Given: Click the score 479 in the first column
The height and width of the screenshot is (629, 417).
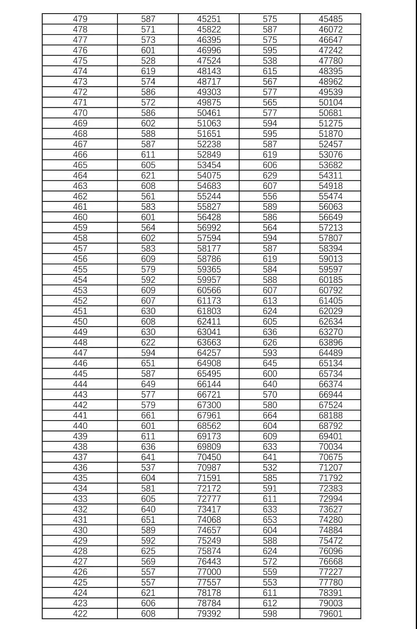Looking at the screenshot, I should pos(80,19).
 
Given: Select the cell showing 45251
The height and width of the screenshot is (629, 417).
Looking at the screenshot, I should pos(209,19).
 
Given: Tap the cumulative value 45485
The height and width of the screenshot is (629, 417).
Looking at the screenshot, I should pos(331,19).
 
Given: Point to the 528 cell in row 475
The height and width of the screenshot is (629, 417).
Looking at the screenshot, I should pos(148,61).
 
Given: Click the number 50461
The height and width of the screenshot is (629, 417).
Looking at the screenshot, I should pos(209,113).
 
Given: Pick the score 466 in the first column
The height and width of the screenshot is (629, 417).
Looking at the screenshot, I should pos(80,155).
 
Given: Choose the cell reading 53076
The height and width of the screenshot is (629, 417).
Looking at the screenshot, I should pos(331,155).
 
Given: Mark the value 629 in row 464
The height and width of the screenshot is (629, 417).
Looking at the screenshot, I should pos(270,175).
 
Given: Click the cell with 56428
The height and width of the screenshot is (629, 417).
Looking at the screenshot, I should pos(209,217).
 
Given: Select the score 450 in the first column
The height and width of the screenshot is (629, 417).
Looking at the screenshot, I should pos(80,321).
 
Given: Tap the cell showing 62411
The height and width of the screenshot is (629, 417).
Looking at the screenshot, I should pos(209,321).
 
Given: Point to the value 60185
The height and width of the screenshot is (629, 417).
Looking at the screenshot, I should pos(331,280).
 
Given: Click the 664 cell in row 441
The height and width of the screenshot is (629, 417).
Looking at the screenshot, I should pos(270,416).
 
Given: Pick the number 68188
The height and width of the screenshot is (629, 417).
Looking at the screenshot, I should pos(331,416).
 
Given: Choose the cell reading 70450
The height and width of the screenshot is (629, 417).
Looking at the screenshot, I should pos(209,457).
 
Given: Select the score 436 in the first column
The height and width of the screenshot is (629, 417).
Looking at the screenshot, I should pos(80,468).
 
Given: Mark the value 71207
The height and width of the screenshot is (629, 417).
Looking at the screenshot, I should pos(331,468).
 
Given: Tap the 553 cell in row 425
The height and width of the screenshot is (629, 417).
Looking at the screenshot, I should pos(270,582).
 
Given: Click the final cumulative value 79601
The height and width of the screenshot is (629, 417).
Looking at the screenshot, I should pos(331,613).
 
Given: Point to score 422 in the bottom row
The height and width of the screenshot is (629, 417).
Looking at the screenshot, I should pos(80,613).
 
